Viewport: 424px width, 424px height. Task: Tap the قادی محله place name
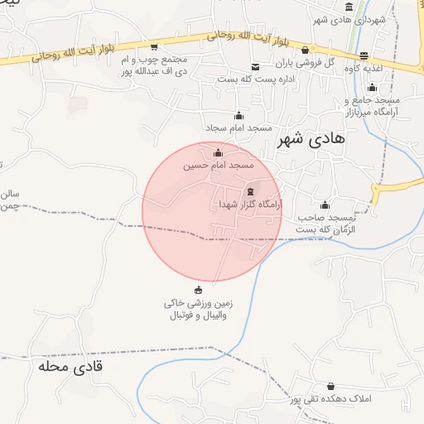[x=70, y=364]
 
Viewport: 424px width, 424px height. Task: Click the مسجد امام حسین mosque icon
[x=219, y=152]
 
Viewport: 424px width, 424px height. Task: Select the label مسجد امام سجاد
[x=239, y=128]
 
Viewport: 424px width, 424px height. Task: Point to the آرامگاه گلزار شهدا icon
[x=250, y=191]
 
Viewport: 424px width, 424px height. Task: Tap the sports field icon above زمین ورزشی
[x=198, y=290]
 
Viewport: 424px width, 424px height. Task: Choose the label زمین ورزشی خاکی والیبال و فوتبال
[x=199, y=311]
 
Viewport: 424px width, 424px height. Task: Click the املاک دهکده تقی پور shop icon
[x=331, y=387]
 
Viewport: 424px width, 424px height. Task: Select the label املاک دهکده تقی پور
[x=331, y=399]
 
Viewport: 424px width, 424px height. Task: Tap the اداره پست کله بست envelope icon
[x=255, y=67]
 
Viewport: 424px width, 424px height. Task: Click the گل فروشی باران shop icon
[x=306, y=50]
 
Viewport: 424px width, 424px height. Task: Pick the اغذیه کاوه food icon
[x=364, y=56]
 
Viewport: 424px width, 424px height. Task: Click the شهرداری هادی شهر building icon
[x=349, y=8]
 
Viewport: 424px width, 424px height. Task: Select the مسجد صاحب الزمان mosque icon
[x=325, y=205]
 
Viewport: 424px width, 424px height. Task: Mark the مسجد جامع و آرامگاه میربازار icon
[x=372, y=88]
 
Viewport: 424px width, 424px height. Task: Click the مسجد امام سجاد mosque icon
[x=239, y=116]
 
